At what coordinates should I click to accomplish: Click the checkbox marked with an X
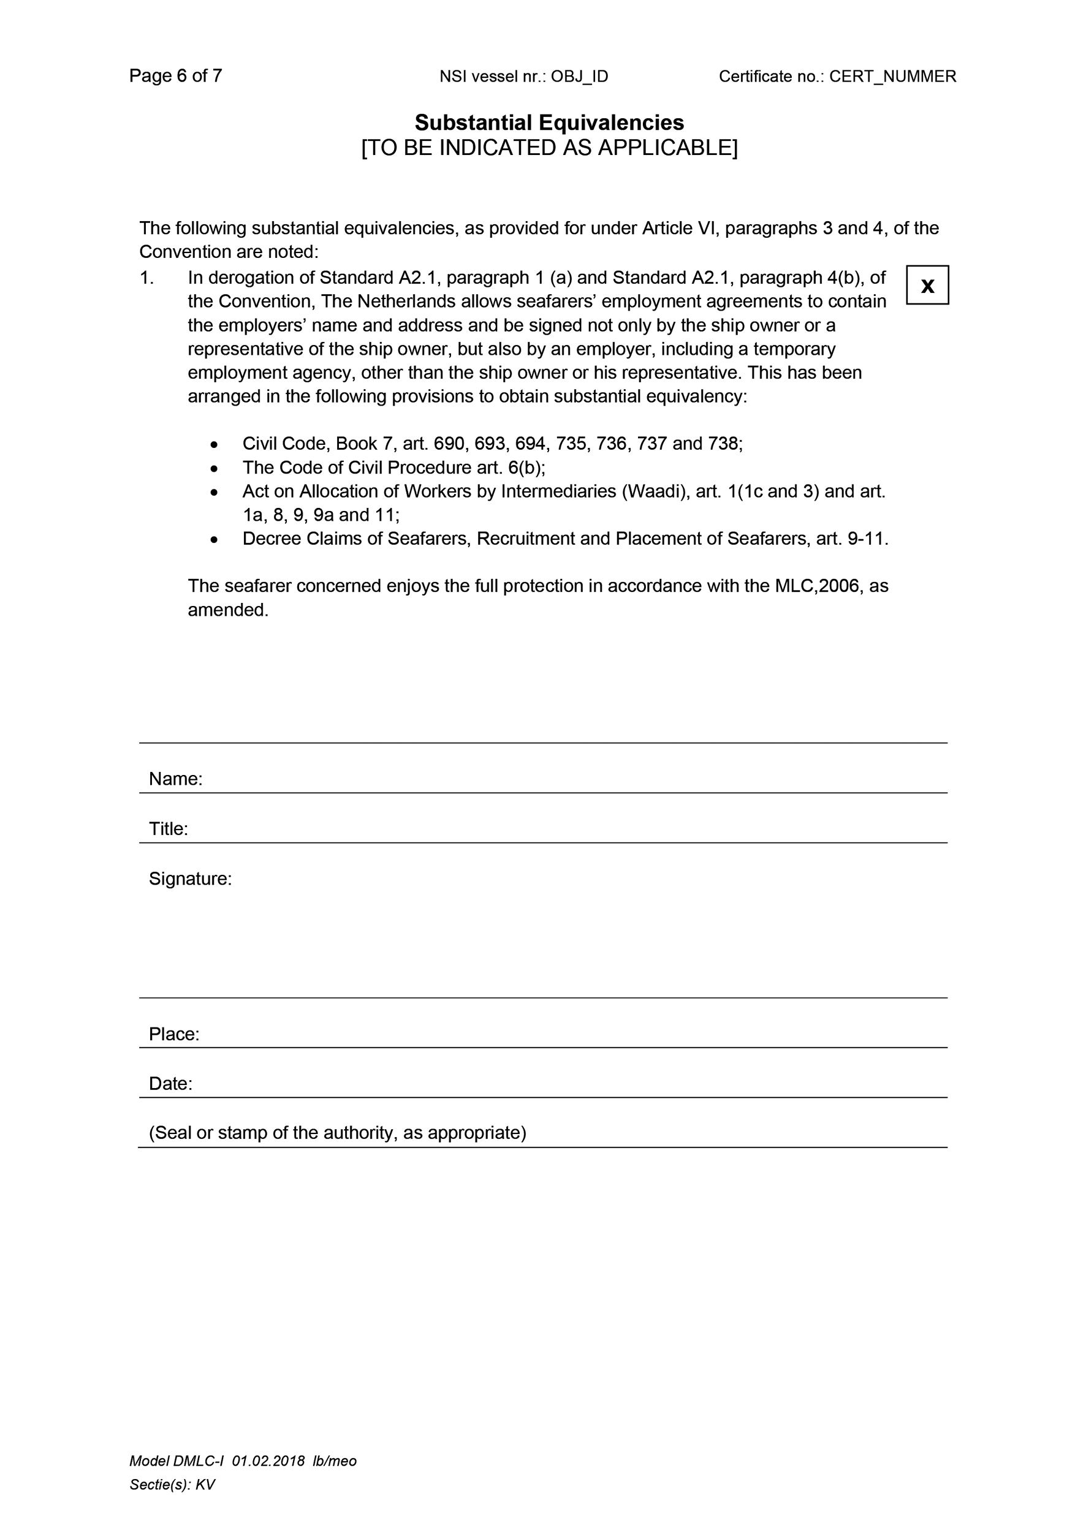coord(927,286)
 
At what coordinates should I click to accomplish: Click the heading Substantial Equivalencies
coord(549,123)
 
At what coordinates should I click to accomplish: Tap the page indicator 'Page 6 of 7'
coord(175,75)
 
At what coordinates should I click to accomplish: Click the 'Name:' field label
coord(175,779)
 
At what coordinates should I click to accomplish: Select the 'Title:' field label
coord(168,829)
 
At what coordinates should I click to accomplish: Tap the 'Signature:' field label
coord(190,879)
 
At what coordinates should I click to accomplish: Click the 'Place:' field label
coord(174,1034)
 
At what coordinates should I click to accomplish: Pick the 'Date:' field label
coord(170,1084)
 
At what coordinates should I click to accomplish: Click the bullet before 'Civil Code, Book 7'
coord(213,444)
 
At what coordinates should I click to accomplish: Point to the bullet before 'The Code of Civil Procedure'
coord(213,468)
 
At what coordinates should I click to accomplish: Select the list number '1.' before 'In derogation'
coord(146,278)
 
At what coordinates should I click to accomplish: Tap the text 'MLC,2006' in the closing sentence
coord(817,586)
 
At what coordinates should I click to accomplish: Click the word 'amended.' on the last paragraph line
coord(227,610)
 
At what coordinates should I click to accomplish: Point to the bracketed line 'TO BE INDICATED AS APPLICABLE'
coord(549,148)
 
